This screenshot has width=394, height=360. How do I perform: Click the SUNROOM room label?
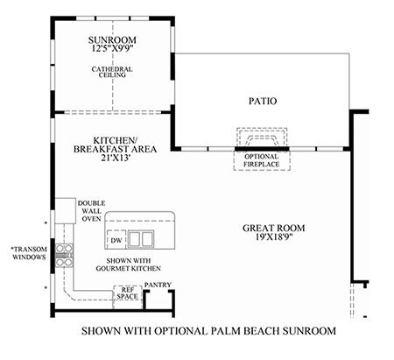(x=112, y=39)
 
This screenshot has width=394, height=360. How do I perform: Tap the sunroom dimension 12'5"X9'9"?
(x=112, y=48)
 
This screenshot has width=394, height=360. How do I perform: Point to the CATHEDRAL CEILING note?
(x=112, y=72)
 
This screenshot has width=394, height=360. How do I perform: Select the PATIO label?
(x=263, y=101)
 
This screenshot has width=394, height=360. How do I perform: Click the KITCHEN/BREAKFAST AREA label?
(x=115, y=145)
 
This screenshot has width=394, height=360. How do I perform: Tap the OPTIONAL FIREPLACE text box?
(x=262, y=160)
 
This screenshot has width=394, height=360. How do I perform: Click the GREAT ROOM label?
(x=274, y=228)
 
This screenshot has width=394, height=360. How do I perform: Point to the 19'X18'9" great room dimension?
(x=274, y=236)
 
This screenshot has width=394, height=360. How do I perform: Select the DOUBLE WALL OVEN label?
(x=91, y=211)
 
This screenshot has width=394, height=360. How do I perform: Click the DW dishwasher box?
(x=116, y=240)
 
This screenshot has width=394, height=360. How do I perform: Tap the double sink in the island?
(x=141, y=239)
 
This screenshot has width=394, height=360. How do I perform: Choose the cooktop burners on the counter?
(x=64, y=256)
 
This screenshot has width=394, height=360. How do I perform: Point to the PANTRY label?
(x=158, y=285)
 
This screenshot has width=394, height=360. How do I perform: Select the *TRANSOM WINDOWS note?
(x=29, y=253)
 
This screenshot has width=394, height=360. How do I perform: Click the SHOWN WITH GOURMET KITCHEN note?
(x=129, y=265)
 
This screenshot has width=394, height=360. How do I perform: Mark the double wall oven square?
(x=66, y=211)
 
